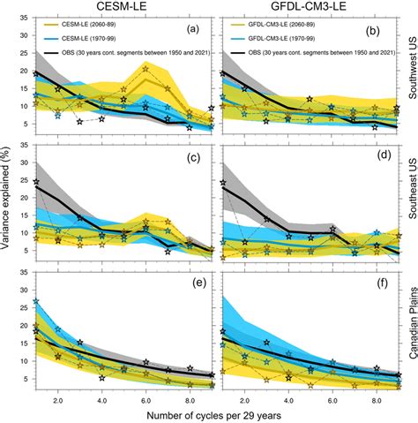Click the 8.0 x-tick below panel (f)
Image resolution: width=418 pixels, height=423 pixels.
point(374,399)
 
